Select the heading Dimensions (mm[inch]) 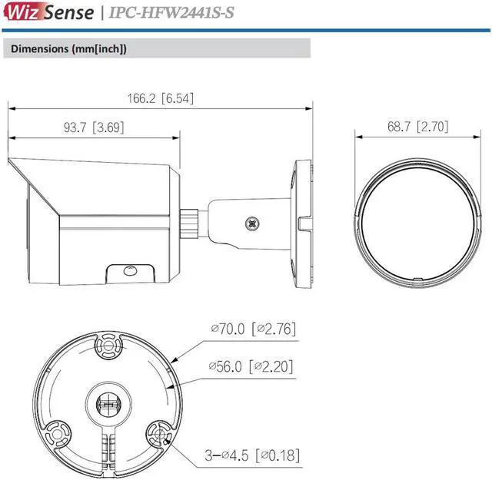point(68,48)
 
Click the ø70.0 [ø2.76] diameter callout point(253,329)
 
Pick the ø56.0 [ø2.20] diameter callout point(253,366)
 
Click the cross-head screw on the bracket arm point(251,224)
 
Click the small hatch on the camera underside point(128,271)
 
